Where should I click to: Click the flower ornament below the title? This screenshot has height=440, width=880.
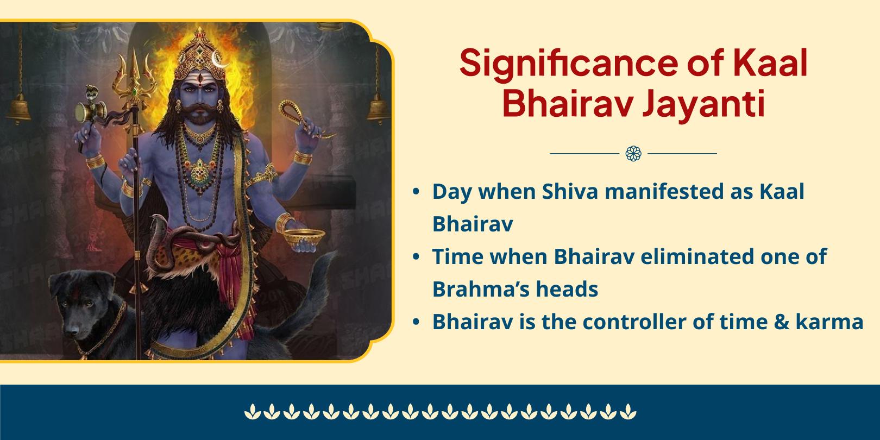pyautogui.click(x=633, y=154)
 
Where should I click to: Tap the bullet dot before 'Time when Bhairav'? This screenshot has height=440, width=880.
pyautogui.click(x=416, y=257)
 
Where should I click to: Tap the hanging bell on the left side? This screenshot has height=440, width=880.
pyautogui.click(x=20, y=108)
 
